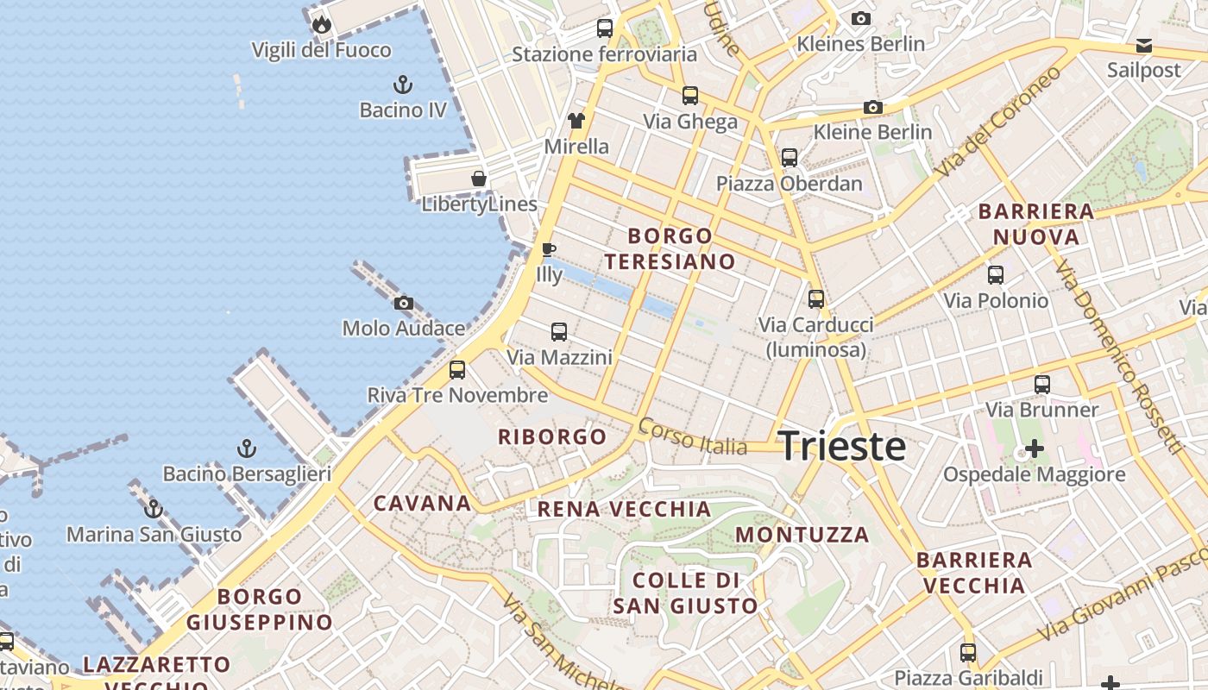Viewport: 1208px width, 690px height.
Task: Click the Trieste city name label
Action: [842, 446]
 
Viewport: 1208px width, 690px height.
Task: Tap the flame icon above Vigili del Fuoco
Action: [322, 24]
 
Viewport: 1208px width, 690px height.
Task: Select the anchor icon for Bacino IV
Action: [402, 85]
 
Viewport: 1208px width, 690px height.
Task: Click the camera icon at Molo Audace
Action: [403, 303]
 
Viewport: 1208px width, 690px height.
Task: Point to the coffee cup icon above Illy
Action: [548, 250]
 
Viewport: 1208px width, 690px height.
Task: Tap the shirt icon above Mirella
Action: [576, 121]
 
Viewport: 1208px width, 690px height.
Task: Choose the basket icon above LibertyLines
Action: [479, 179]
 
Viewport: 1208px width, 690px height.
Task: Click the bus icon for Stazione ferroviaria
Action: [605, 28]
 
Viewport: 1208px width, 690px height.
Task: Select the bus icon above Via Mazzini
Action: [559, 331]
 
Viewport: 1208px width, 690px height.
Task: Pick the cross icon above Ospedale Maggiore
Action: [1034, 448]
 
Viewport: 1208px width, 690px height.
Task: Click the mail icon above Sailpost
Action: [1144, 45]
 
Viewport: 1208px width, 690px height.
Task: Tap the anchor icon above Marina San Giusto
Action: [154, 509]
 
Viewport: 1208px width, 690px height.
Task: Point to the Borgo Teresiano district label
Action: [670, 248]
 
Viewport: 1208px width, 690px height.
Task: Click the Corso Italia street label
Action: [693, 436]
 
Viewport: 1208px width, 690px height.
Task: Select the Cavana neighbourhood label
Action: [422, 503]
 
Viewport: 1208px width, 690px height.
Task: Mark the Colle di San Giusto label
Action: [686, 593]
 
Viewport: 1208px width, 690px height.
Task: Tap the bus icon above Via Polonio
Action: [996, 275]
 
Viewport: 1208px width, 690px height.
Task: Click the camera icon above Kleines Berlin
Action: [860, 18]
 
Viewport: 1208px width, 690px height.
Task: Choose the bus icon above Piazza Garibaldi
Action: [968, 652]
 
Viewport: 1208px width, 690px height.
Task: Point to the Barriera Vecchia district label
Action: [975, 573]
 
